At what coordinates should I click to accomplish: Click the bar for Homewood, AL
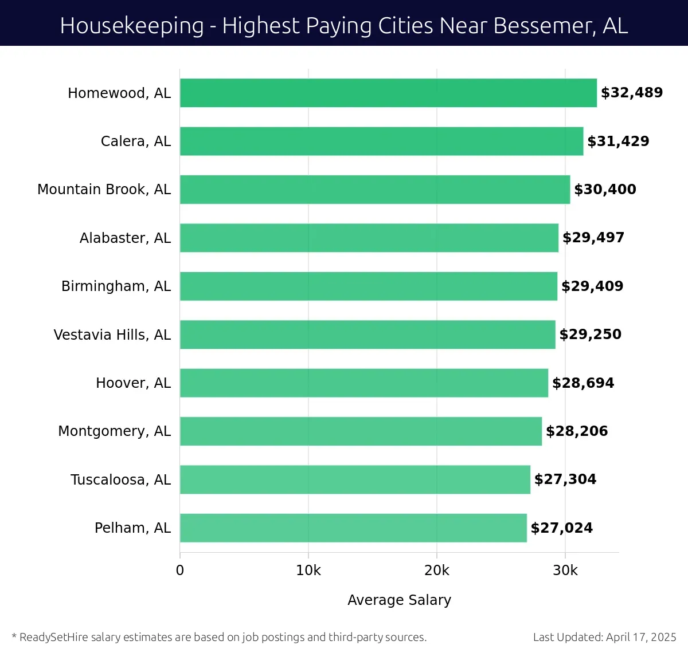pos(388,93)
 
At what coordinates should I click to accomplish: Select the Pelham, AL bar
pos(353,528)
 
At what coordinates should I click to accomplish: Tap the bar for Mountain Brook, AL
pos(375,190)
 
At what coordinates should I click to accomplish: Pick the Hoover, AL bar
pos(364,383)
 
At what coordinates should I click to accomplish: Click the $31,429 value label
pos(618,141)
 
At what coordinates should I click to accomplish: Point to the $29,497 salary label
pos(593,238)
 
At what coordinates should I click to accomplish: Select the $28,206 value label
pos(577,431)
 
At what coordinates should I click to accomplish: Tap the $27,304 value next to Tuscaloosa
pos(565,479)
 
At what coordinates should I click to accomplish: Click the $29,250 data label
pos(590,335)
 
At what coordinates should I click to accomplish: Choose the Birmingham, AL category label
pos(116,286)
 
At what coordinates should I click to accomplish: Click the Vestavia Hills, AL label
pos(112,335)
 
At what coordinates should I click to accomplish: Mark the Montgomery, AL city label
pos(114,431)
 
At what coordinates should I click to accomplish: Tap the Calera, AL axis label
pos(135,141)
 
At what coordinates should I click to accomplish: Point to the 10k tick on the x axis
pos(308,571)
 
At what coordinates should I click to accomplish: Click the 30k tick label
pos(565,571)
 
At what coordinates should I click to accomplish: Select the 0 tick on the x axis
pos(180,571)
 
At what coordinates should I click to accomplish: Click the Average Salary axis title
pos(399,600)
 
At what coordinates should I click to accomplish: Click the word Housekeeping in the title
pos(132,26)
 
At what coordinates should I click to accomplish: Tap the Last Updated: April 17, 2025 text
pos(604,637)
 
